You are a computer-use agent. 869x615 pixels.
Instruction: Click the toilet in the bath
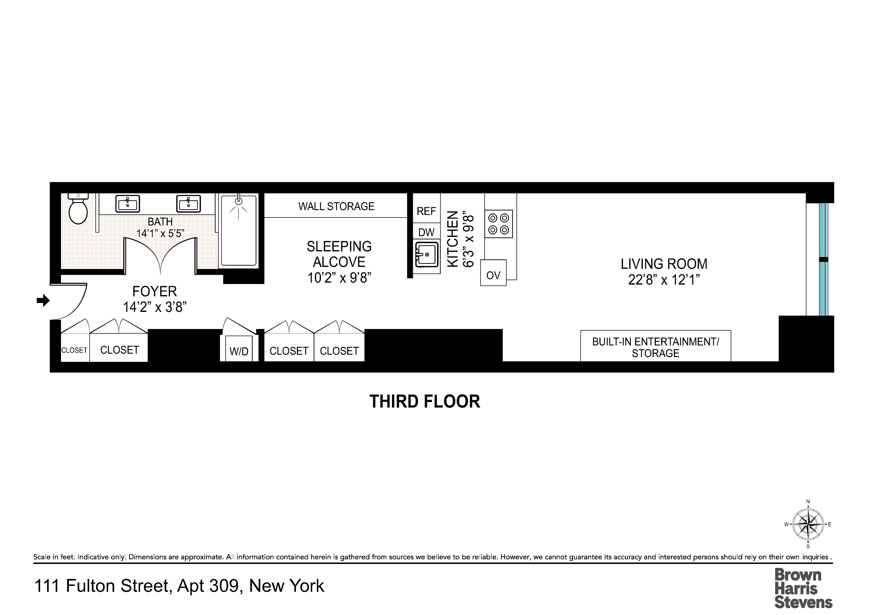(x=78, y=210)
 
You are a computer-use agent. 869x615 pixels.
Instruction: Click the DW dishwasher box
(x=426, y=232)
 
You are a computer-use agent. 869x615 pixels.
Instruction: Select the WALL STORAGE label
(x=336, y=206)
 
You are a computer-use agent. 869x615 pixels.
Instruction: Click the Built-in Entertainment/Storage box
(x=655, y=347)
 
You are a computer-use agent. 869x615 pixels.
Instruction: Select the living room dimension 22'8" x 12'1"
(x=664, y=280)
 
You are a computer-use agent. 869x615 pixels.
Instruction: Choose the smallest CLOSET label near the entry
(x=75, y=350)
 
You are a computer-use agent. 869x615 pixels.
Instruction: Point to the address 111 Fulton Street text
(x=179, y=586)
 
